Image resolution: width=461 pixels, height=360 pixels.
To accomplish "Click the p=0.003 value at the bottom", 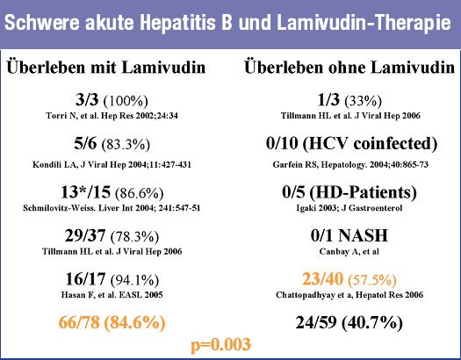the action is coord(220,345).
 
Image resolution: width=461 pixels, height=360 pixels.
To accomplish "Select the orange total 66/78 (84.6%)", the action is coord(112,322).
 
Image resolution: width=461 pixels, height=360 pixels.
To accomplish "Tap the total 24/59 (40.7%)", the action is coord(349,322).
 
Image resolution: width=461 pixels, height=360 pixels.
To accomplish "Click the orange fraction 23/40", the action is coord(322,278).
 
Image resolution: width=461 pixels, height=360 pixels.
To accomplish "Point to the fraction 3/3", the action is coord(87,100).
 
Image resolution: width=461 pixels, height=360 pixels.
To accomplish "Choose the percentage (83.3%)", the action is coord(126,145).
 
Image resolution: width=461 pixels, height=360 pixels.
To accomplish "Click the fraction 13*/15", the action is coord(85,192).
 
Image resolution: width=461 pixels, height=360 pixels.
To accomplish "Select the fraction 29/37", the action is coord(85,235).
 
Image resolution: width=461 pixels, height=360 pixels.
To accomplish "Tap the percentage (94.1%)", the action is coord(134,280).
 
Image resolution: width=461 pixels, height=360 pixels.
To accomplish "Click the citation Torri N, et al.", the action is coord(112,116).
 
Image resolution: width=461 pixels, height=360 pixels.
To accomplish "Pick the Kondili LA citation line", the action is coord(112,164).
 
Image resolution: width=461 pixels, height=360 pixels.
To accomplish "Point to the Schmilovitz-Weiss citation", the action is coord(112,208).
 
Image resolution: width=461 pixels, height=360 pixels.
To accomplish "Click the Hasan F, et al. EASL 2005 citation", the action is coord(112,295).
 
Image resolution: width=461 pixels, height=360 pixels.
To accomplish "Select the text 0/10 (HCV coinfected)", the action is coord(351,144).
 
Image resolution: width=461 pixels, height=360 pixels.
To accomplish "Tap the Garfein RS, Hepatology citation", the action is coord(350,164).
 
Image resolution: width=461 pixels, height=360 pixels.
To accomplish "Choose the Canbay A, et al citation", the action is coord(349,251).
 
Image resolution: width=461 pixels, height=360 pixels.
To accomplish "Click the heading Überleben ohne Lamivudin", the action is coord(349,68).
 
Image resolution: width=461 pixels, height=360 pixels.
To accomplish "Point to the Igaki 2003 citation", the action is coord(349,208).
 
